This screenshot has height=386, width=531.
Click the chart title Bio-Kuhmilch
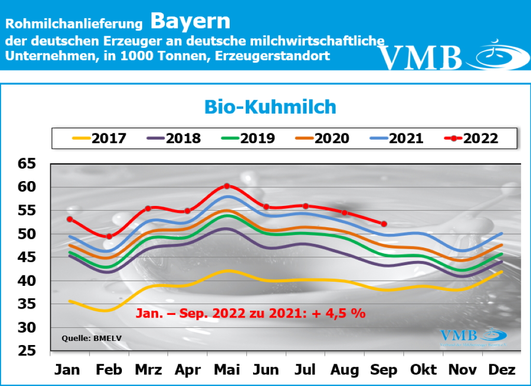pos(270,107)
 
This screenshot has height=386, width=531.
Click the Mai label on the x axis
pos(227,370)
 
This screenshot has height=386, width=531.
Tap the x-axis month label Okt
pos(423,370)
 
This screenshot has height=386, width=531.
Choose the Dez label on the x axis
pos(502,370)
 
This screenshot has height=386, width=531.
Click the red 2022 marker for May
pos(227,186)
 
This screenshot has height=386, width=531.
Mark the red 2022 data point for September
pos(384,224)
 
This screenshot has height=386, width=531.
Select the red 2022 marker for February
pos(109,237)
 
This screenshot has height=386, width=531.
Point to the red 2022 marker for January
pos(69,219)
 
